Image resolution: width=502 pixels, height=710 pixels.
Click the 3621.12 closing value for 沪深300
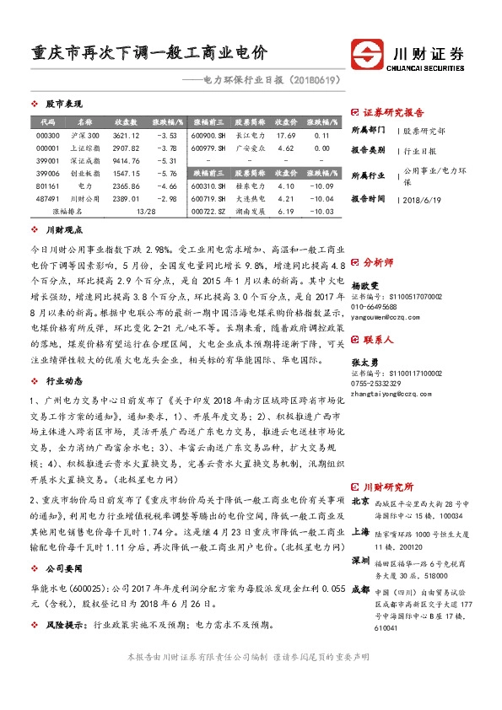pyautogui.click(x=125, y=136)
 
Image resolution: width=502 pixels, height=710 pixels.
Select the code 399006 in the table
pyautogui.click(x=48, y=172)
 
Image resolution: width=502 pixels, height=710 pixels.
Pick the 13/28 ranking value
pyautogui.click(x=145, y=211)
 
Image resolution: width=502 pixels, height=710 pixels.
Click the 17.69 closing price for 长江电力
pyautogui.click(x=285, y=136)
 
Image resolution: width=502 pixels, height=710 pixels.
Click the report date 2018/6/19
pyautogui.click(x=423, y=199)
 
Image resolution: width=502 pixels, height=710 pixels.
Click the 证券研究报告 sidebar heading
pyautogui.click(x=393, y=111)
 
